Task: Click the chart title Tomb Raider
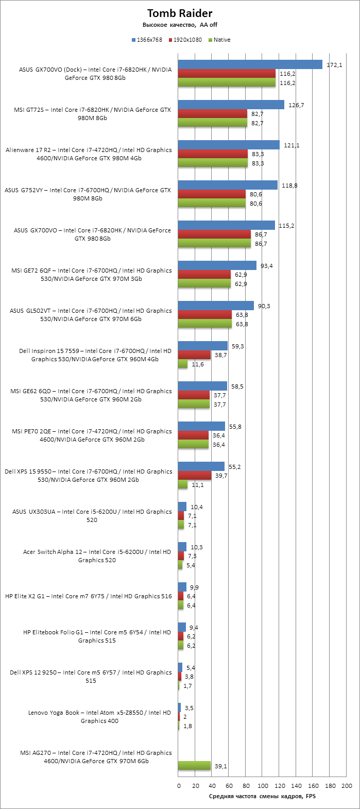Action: pyautogui.click(x=180, y=13)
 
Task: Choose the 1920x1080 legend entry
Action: pyautogui.click(x=187, y=40)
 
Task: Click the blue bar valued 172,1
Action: pyautogui.click(x=250, y=64)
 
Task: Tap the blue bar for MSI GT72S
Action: pyautogui.click(x=231, y=105)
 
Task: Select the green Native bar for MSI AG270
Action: pyautogui.click(x=194, y=766)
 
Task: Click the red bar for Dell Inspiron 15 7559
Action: pyautogui.click(x=194, y=355)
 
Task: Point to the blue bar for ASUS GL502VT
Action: pyautogui.click(x=216, y=306)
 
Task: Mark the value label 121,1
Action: pyautogui.click(x=291, y=145)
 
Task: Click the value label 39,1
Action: pyautogui.click(x=220, y=766)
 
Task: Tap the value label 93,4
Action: pyautogui.click(x=267, y=266)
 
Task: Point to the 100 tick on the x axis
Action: pyautogui.click(x=263, y=786)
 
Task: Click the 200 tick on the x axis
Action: pyautogui.click(x=347, y=786)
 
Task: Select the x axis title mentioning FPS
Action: pyautogui.click(x=262, y=796)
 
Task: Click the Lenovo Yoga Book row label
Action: pyautogui.click(x=99, y=717)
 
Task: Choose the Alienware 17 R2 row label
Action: pyautogui.click(x=89, y=154)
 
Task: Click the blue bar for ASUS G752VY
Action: pyautogui.click(x=228, y=185)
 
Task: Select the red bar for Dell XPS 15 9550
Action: pyautogui.click(x=195, y=476)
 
